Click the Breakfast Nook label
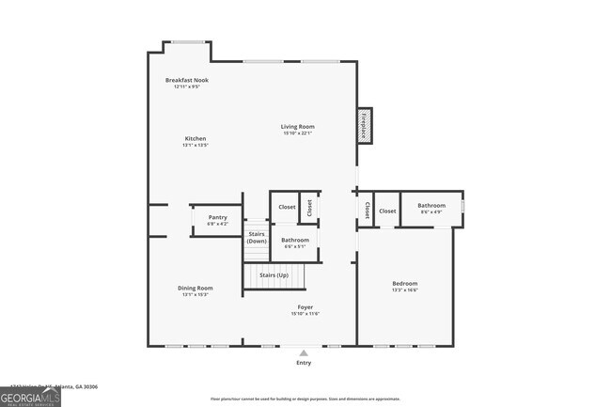187,80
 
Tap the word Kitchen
195,138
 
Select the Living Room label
297,126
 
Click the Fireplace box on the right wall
363,127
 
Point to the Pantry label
217,217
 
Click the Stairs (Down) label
257,237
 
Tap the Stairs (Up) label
274,274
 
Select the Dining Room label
196,288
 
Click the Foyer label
305,306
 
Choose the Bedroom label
404,283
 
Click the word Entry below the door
304,363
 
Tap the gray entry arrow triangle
304,352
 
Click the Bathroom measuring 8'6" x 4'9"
431,205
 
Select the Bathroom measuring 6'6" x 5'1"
295,240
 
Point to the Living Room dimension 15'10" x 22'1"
297,133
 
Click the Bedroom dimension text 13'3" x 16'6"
404,290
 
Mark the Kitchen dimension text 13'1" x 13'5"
195,146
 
